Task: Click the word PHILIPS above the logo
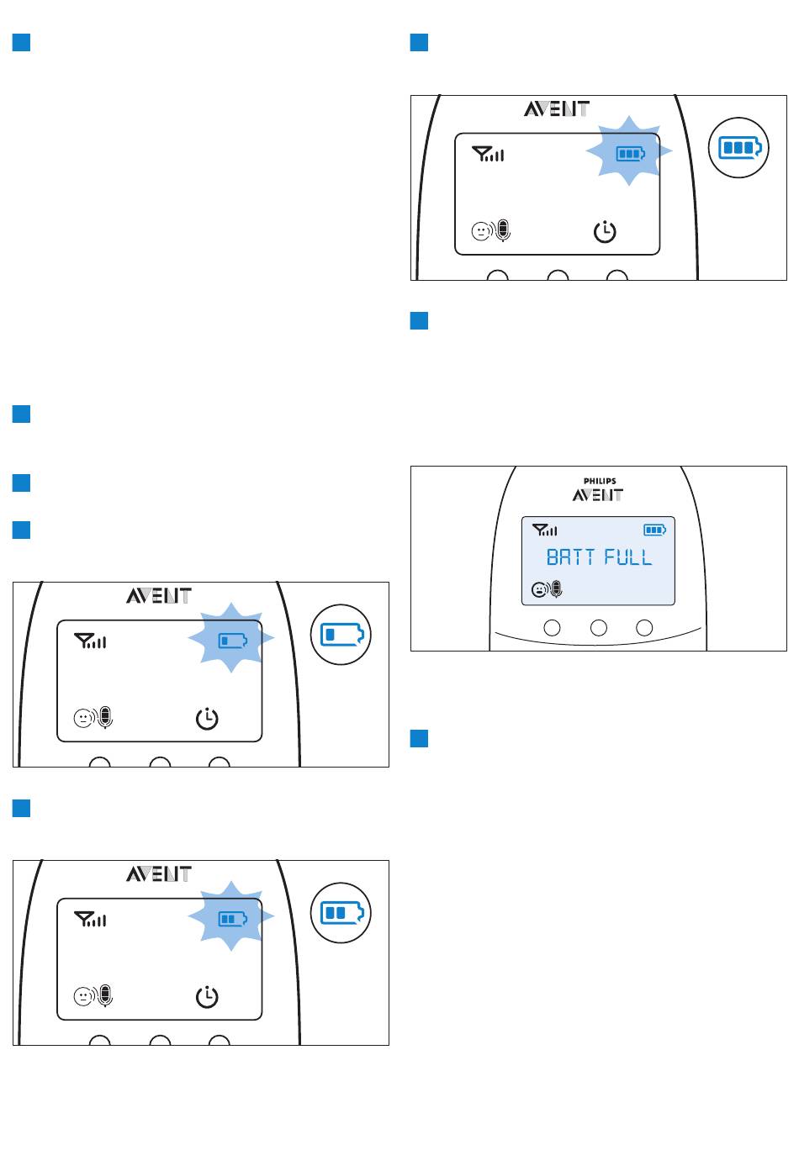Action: (x=599, y=481)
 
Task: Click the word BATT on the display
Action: (x=571, y=557)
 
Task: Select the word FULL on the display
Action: (x=628, y=557)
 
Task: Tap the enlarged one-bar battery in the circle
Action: (x=341, y=634)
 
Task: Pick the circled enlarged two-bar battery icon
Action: (x=341, y=912)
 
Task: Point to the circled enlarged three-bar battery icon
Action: (x=738, y=147)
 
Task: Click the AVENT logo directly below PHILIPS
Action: (x=598, y=495)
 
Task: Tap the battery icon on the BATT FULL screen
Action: (x=654, y=530)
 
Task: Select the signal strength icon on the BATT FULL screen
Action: (x=545, y=530)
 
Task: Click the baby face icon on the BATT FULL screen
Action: (x=537, y=589)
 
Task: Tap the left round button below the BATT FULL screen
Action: (x=553, y=627)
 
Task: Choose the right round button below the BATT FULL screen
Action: (x=644, y=627)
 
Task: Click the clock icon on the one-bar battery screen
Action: (x=207, y=719)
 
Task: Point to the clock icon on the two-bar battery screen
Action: (x=207, y=997)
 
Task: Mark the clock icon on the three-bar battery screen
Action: (x=605, y=232)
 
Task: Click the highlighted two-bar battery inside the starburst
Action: (x=230, y=919)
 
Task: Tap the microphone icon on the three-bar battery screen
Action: (x=503, y=230)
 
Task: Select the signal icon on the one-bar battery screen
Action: (x=91, y=642)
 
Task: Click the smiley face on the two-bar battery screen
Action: (x=82, y=997)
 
